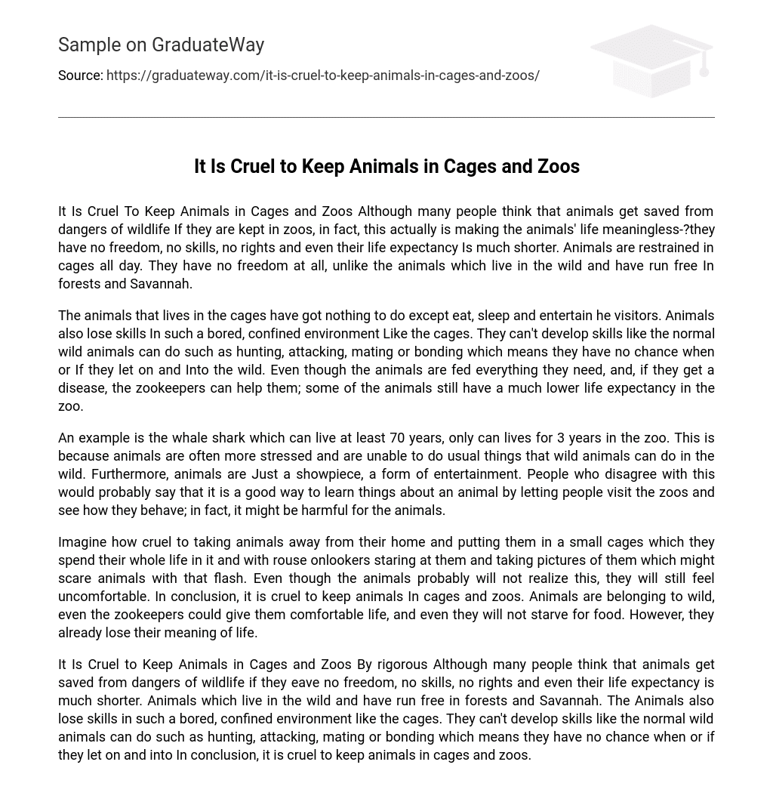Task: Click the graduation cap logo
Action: (651, 60)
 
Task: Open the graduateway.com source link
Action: (322, 76)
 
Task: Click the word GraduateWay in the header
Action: (208, 45)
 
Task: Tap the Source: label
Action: (80, 76)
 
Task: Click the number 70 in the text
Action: (397, 438)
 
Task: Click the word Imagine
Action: (82, 542)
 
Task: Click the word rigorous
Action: (402, 665)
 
